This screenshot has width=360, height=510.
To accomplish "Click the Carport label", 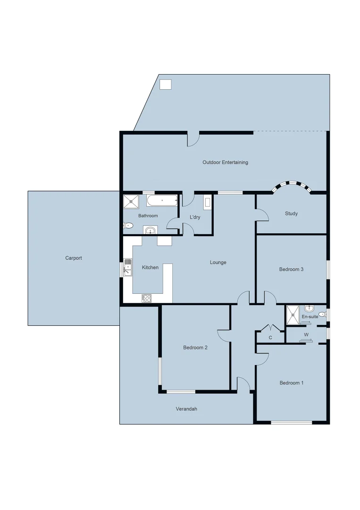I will point(74,258).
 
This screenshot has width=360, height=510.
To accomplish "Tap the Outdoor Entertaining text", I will point(225,162).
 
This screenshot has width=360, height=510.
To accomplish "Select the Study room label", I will point(291,213).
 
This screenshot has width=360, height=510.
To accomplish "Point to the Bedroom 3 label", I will point(291,269).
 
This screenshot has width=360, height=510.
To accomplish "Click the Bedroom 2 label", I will point(195,348).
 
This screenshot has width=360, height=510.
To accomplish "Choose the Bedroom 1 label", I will point(291,383).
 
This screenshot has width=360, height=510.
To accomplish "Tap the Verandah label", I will point(186,409).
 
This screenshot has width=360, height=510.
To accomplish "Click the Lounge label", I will point(218,263).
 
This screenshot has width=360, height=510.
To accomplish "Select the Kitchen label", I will point(151,268).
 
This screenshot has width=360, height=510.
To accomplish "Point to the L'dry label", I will point(195,217).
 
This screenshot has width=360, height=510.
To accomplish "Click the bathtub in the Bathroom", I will point(162,201).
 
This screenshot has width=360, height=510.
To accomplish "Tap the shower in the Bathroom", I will point(131,202).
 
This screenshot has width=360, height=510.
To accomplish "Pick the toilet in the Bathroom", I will point(128,226).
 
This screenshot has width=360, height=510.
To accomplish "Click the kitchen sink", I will point(128,268).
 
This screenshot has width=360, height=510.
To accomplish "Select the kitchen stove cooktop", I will point(146,298).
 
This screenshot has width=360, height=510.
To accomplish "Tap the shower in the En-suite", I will point(293,315).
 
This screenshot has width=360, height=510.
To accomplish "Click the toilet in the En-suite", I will point(322,314).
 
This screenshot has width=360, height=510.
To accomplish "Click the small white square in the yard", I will point(166,85).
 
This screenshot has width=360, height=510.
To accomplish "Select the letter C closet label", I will point(270,337).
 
